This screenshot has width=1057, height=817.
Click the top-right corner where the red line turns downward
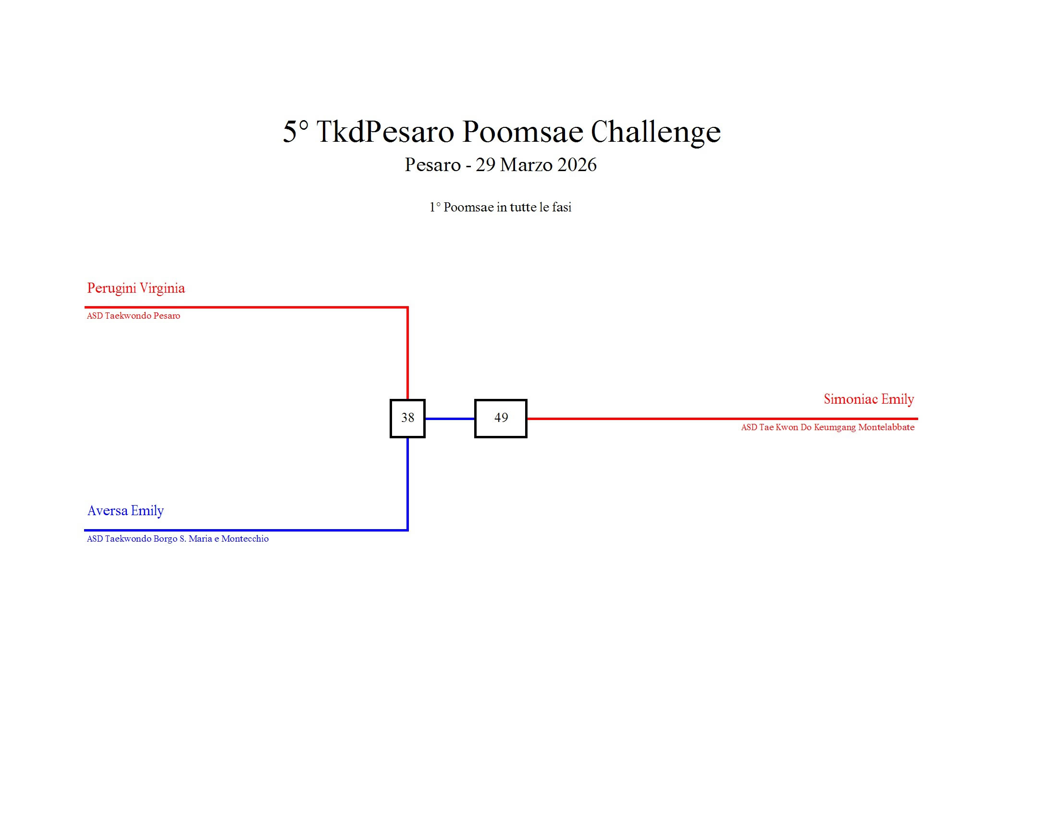coord(407,308)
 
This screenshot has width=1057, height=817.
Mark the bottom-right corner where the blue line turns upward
coord(407,530)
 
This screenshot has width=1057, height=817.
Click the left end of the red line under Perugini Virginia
coord(85,308)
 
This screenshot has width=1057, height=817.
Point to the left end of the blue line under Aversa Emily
coord(85,530)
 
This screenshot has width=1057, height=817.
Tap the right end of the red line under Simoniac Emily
coord(918,419)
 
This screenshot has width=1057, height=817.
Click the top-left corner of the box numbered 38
coord(391,400)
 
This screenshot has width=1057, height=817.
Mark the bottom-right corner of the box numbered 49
coord(527,437)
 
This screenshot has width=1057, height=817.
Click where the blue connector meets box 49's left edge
coord(475,419)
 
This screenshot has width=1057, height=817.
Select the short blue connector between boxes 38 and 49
coord(450,419)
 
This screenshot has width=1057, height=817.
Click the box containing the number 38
coord(407,419)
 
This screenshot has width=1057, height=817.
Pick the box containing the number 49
coord(501,419)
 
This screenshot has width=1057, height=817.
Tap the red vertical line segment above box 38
coord(407,353)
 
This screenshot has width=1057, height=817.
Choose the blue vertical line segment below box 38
coord(407,484)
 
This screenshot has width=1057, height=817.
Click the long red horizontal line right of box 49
coord(722,419)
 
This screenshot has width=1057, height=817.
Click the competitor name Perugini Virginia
coord(136,288)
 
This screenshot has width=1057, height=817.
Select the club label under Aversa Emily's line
coord(178,539)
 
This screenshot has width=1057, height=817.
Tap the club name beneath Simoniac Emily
coord(828,427)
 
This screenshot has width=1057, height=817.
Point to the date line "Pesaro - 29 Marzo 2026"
coord(501,164)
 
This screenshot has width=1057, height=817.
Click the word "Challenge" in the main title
coord(656,132)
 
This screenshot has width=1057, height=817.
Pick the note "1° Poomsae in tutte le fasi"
coord(501,207)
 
